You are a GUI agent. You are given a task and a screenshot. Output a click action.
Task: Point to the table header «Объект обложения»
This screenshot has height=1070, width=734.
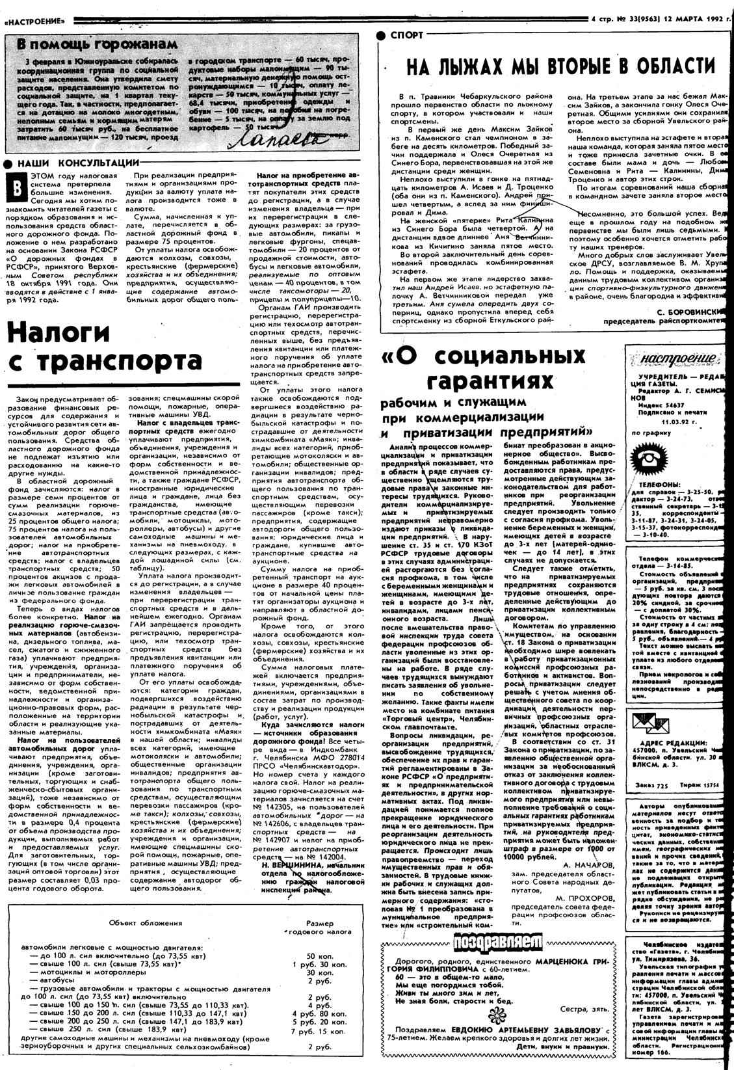pos(146,923)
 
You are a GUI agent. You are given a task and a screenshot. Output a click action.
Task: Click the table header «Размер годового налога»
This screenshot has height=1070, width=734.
pos(320,928)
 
